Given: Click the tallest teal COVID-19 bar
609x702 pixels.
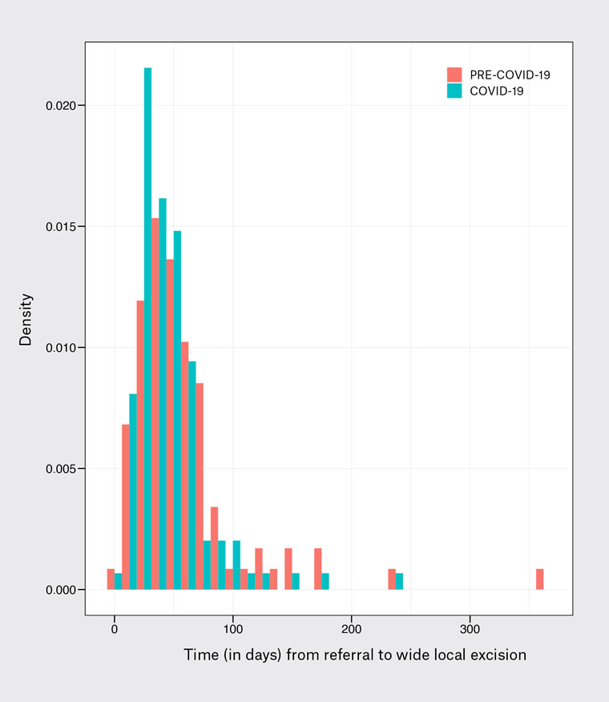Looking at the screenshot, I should (147, 329).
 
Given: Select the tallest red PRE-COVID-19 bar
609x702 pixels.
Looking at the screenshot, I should (155, 404).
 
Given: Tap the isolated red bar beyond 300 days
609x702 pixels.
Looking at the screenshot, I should (539, 579).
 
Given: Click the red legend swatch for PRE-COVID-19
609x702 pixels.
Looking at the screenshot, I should (454, 75).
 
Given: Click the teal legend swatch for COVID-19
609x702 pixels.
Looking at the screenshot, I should (454, 91).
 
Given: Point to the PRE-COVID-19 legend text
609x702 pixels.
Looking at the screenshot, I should (510, 75).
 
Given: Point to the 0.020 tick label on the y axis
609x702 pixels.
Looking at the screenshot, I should (60, 106).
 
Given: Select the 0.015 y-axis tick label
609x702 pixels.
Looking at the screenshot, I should (60, 227).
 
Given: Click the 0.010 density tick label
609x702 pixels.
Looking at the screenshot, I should (60, 348).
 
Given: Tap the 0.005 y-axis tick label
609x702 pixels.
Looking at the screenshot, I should (60, 469).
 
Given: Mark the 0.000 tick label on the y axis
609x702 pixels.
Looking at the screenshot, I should (60, 590).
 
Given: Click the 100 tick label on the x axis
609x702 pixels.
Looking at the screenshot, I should (233, 629).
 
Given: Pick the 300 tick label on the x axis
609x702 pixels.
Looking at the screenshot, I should (470, 629).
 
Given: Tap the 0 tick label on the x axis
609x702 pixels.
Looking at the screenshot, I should (115, 629).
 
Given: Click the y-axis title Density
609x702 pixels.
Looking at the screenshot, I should (26, 319).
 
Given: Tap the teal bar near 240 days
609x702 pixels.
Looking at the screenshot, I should (399, 581).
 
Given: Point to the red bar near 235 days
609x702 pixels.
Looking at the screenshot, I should (392, 579).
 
